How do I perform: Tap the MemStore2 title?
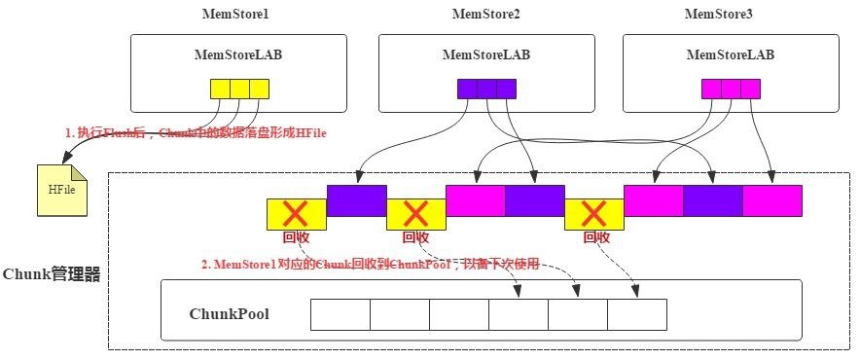pyautogui.click(x=485, y=14)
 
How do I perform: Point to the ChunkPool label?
pyautogui.click(x=229, y=315)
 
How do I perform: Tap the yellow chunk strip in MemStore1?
pyautogui.click(x=239, y=89)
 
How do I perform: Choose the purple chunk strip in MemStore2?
pyautogui.click(x=486, y=89)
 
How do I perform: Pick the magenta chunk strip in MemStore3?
pyautogui.click(x=731, y=89)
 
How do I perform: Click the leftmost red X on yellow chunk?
pyautogui.click(x=296, y=213)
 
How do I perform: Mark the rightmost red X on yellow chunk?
pyautogui.click(x=593, y=213)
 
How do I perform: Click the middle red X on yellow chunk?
pyautogui.click(x=415, y=213)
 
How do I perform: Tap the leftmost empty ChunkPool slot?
pyautogui.click(x=340, y=314)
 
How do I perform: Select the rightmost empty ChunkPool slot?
pyautogui.click(x=637, y=314)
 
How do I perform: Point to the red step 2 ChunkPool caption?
pyautogui.click(x=370, y=265)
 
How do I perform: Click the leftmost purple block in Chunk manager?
pyautogui.click(x=357, y=199)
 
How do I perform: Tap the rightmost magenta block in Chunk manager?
pyautogui.click(x=772, y=199)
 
